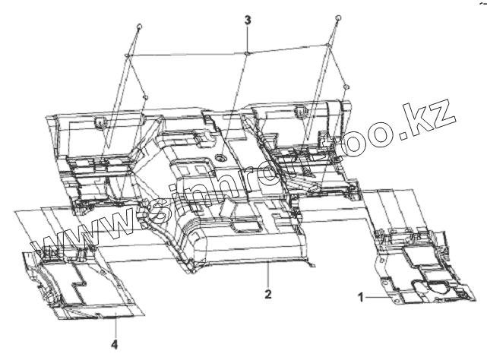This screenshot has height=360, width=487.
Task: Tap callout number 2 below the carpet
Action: pyautogui.click(x=267, y=292)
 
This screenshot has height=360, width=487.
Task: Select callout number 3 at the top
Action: pyautogui.click(x=247, y=19)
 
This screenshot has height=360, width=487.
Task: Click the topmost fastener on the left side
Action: pyautogui.click(x=139, y=27)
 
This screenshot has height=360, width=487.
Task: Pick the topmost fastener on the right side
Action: pyautogui.click(x=336, y=17)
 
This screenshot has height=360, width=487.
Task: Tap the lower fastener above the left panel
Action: pyautogui.click(x=144, y=97)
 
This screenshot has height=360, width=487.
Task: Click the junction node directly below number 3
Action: pyautogui.click(x=248, y=53)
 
